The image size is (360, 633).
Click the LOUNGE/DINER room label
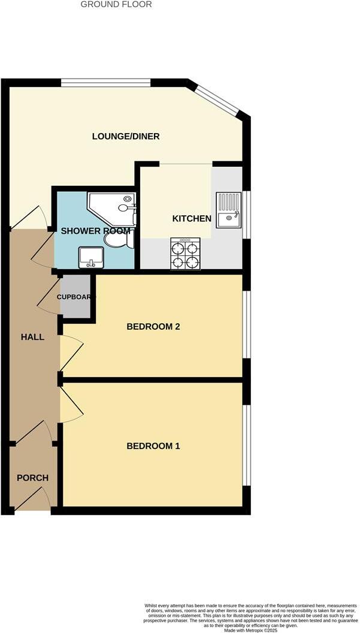click(x=126, y=136)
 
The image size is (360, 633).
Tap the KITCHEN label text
click(x=192, y=218)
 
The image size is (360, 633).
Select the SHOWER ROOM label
click(x=96, y=231)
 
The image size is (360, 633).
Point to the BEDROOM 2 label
click(x=153, y=327)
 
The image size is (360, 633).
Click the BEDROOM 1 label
click(x=153, y=446)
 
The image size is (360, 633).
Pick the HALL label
click(x=32, y=337)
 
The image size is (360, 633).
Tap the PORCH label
click(x=32, y=478)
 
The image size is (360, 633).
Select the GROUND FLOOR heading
click(x=116, y=4)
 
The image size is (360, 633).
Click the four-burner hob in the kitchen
click(x=185, y=254)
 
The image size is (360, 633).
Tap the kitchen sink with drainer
click(x=229, y=210)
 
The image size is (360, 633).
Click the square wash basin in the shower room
click(x=91, y=258)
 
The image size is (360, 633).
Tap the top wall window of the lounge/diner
click(x=105, y=83)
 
